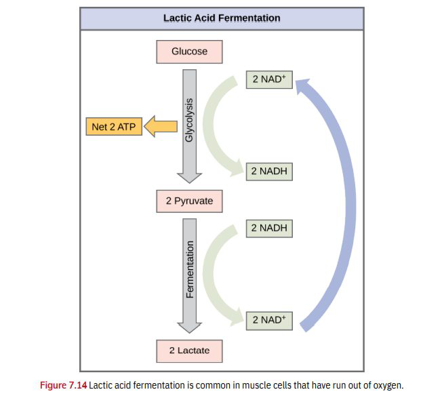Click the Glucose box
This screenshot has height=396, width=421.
pyautogui.click(x=189, y=52)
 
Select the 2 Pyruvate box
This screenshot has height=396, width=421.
pyautogui.click(x=189, y=201)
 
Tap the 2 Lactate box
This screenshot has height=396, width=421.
pyautogui.click(x=189, y=351)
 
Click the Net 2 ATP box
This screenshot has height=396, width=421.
pyautogui.click(x=113, y=127)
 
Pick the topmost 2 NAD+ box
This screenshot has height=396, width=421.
pyautogui.click(x=269, y=79)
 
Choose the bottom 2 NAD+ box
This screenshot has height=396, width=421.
pyautogui.click(x=269, y=319)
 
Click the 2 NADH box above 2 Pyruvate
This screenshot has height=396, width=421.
pyautogui.click(x=269, y=172)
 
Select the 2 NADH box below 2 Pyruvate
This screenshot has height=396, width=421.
pyautogui.click(x=269, y=228)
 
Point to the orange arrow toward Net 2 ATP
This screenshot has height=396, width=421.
pyautogui.click(x=161, y=126)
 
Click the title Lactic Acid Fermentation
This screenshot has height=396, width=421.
pyautogui.click(x=222, y=18)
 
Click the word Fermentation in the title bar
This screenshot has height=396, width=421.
pyautogui.click(x=250, y=18)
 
